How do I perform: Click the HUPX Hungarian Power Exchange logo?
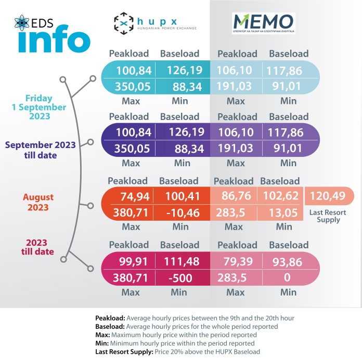point(155,22)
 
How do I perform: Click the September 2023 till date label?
point(40,150)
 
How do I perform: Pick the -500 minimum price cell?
point(180,278)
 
